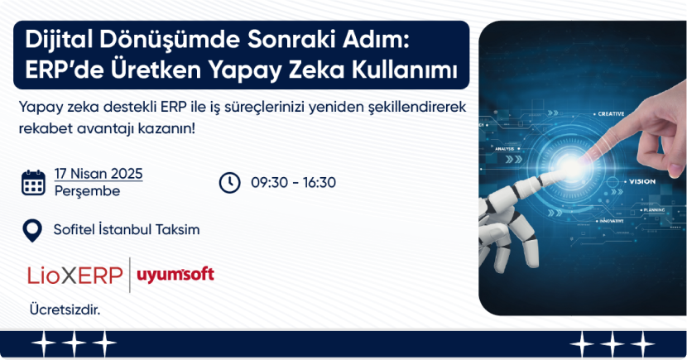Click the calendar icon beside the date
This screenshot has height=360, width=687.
pos(33,183)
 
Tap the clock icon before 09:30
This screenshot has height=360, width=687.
pos(229,183)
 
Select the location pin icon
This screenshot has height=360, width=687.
pos(32,231)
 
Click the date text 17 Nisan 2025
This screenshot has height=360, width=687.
pos(98,174)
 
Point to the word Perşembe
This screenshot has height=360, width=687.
pos(87,191)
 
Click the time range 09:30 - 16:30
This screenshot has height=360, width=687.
pos(293,183)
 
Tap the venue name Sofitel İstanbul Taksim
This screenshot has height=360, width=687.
pos(127,229)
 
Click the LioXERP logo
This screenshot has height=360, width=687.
pos(75,276)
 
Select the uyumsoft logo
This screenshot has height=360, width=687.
pos(175,275)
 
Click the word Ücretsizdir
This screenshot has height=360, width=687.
pos(65,310)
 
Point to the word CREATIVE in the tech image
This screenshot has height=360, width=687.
pos(611,114)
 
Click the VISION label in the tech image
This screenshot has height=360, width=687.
pos(642,181)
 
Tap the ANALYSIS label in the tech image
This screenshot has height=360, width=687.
pos(504,149)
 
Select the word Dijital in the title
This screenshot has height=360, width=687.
pos(58,41)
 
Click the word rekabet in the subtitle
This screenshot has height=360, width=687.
pos(46,129)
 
